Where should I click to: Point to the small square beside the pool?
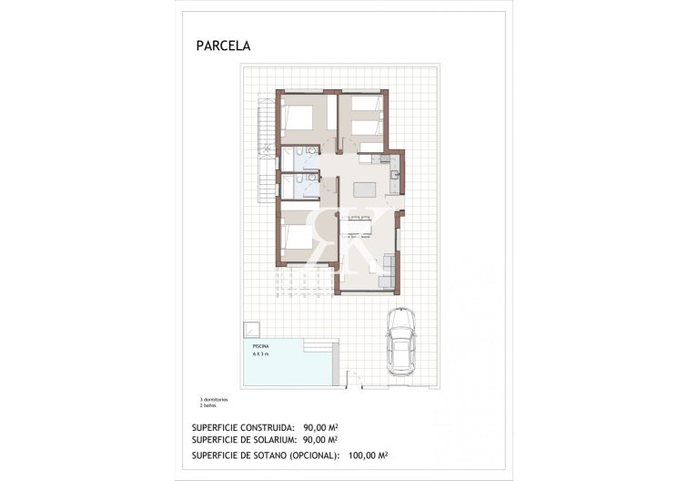coord(249,329)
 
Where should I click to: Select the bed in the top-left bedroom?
coord(299,118)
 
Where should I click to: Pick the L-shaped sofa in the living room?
coord(386,269)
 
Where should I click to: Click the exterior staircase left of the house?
coord(265,150)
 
